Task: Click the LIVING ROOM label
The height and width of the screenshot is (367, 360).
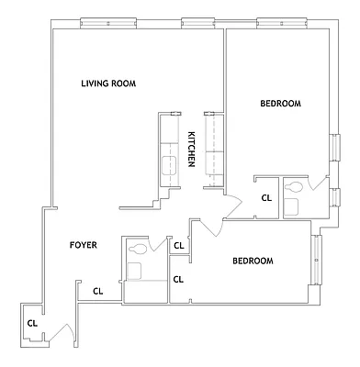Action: (108, 83)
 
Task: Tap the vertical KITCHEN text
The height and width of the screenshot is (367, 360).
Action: (191, 150)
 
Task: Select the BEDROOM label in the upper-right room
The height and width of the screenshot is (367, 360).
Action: (280, 104)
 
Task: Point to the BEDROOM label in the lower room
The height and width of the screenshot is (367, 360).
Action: (252, 261)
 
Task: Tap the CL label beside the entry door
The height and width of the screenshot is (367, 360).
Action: (31, 322)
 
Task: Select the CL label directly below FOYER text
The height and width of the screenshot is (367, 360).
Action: (97, 292)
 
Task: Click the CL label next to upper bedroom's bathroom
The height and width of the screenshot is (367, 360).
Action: (267, 197)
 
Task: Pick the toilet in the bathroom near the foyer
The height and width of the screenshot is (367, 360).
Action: (138, 248)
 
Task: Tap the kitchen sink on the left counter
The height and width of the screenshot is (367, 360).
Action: (170, 165)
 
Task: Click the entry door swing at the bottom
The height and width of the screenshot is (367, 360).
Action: (64, 332)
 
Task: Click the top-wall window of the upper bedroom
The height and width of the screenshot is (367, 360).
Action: (276, 23)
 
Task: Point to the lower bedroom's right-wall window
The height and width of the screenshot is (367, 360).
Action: (317, 260)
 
